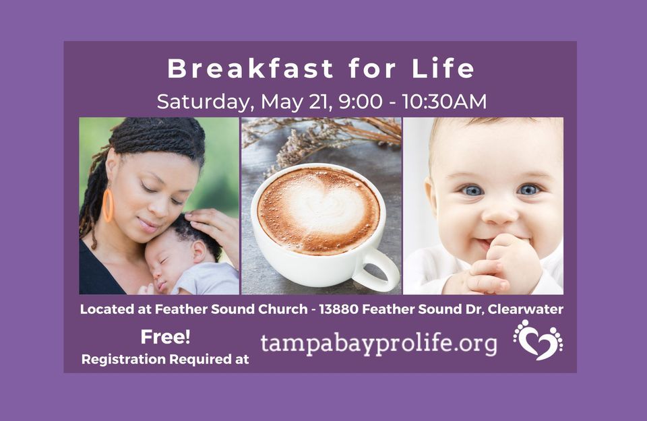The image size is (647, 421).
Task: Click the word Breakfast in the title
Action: [x=250, y=69]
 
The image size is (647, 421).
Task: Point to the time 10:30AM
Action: [x=444, y=102]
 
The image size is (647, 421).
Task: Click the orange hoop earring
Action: [x=107, y=205]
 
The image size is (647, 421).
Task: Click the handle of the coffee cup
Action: [x=377, y=269]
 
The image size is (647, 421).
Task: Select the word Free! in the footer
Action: [x=165, y=337]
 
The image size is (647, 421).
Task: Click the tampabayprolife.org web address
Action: [x=379, y=344]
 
